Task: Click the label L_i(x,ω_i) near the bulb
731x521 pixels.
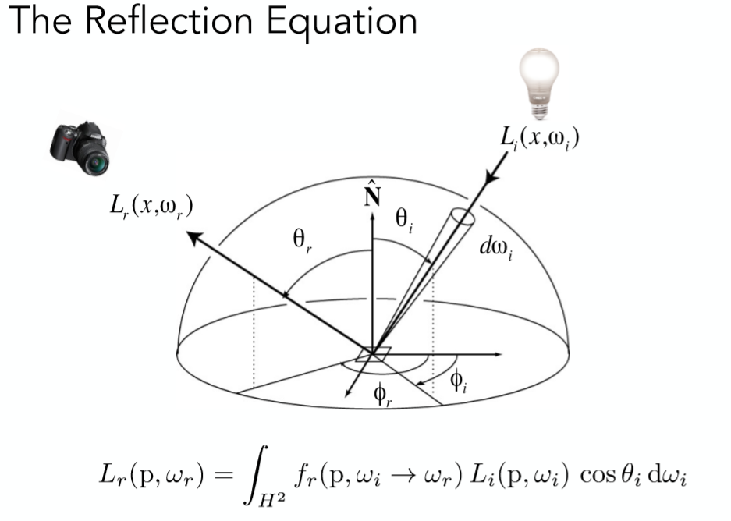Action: pyautogui.click(x=539, y=140)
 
